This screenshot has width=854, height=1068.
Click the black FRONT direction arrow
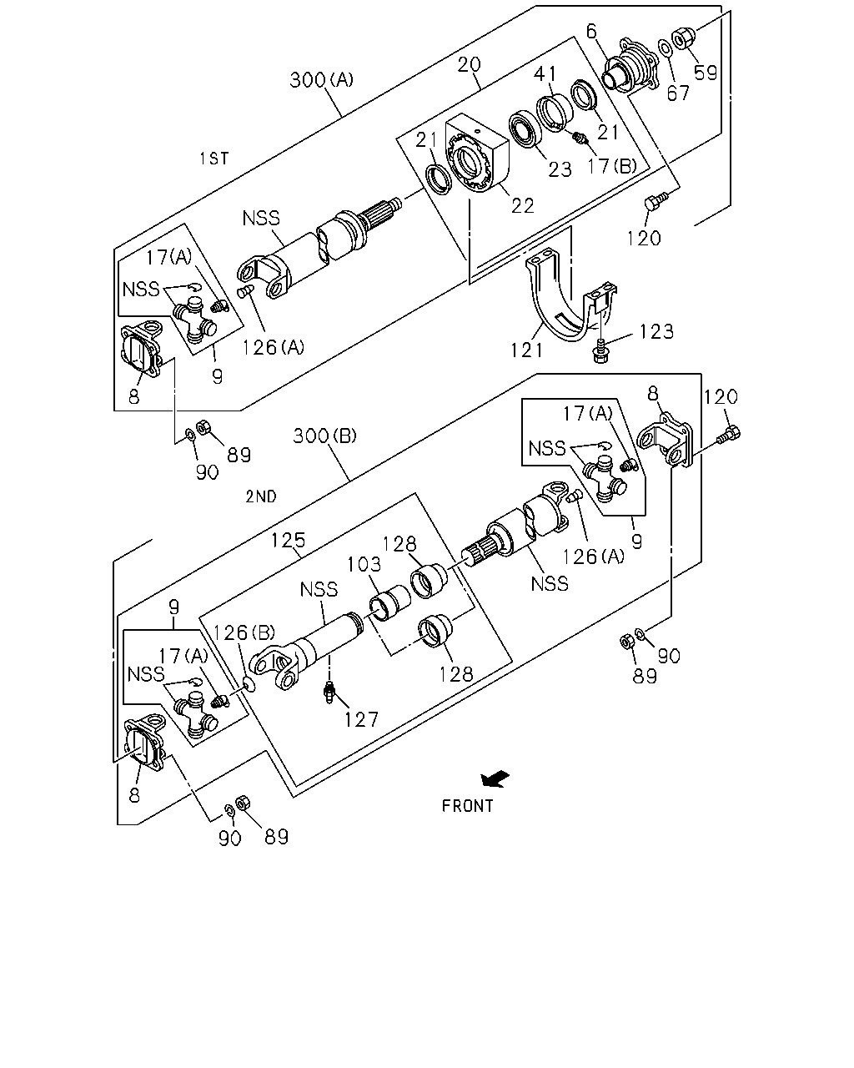click(495, 778)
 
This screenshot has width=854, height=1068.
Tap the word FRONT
click(467, 805)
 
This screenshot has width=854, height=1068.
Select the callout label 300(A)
click(321, 79)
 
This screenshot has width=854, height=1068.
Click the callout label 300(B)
click(324, 436)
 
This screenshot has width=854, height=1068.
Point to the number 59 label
click(705, 73)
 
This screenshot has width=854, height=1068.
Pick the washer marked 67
click(665, 48)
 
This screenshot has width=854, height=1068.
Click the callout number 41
click(545, 74)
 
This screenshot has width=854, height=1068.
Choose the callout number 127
click(361, 719)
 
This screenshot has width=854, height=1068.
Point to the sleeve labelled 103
click(390, 602)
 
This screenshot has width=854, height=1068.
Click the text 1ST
click(214, 159)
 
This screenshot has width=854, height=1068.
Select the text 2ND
click(261, 496)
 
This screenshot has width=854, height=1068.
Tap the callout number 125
click(289, 540)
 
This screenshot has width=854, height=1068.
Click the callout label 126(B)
click(244, 632)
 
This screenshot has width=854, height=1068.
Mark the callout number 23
click(560, 169)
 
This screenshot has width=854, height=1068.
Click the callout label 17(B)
click(612, 166)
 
